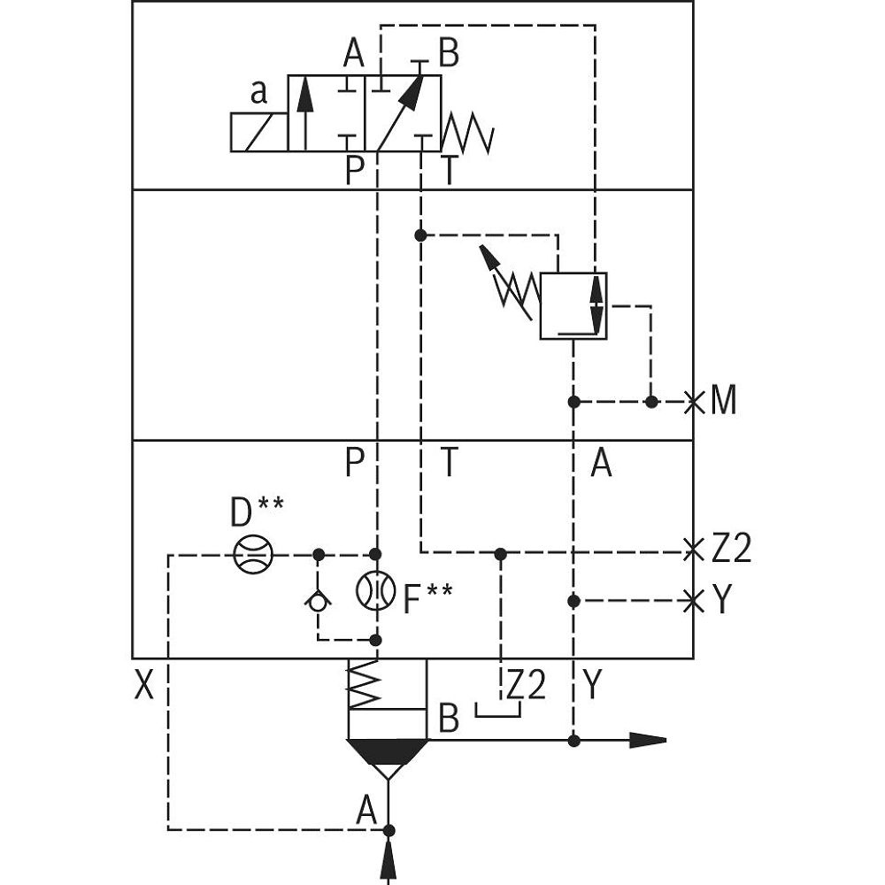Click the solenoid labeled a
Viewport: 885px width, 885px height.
click(258, 132)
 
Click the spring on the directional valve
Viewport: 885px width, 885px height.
click(466, 133)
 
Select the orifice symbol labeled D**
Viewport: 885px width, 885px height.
click(253, 555)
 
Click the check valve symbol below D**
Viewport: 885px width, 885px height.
click(318, 601)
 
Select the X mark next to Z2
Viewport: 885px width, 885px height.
click(695, 550)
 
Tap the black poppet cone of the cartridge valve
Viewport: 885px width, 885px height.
click(389, 751)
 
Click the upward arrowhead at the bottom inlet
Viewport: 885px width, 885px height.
click(389, 860)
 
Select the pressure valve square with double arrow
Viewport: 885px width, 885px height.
click(573, 305)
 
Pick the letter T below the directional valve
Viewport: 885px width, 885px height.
click(450, 170)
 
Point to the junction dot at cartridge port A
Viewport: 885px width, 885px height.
click(389, 829)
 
